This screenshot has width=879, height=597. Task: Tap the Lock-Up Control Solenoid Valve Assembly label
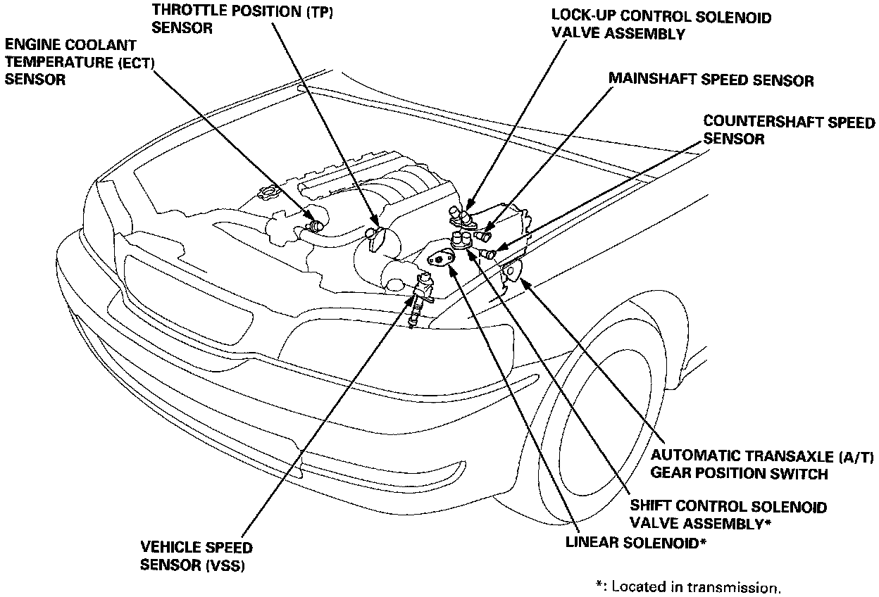coord(661,25)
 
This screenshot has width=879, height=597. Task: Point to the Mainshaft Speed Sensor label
coord(711,80)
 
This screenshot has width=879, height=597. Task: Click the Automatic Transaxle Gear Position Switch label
coord(761,465)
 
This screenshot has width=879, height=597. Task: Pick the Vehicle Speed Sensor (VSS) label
coord(196,555)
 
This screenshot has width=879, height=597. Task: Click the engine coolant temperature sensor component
coord(314,225)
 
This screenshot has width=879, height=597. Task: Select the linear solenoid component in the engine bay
coord(440,259)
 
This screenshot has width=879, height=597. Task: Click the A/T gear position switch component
coord(513,271)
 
